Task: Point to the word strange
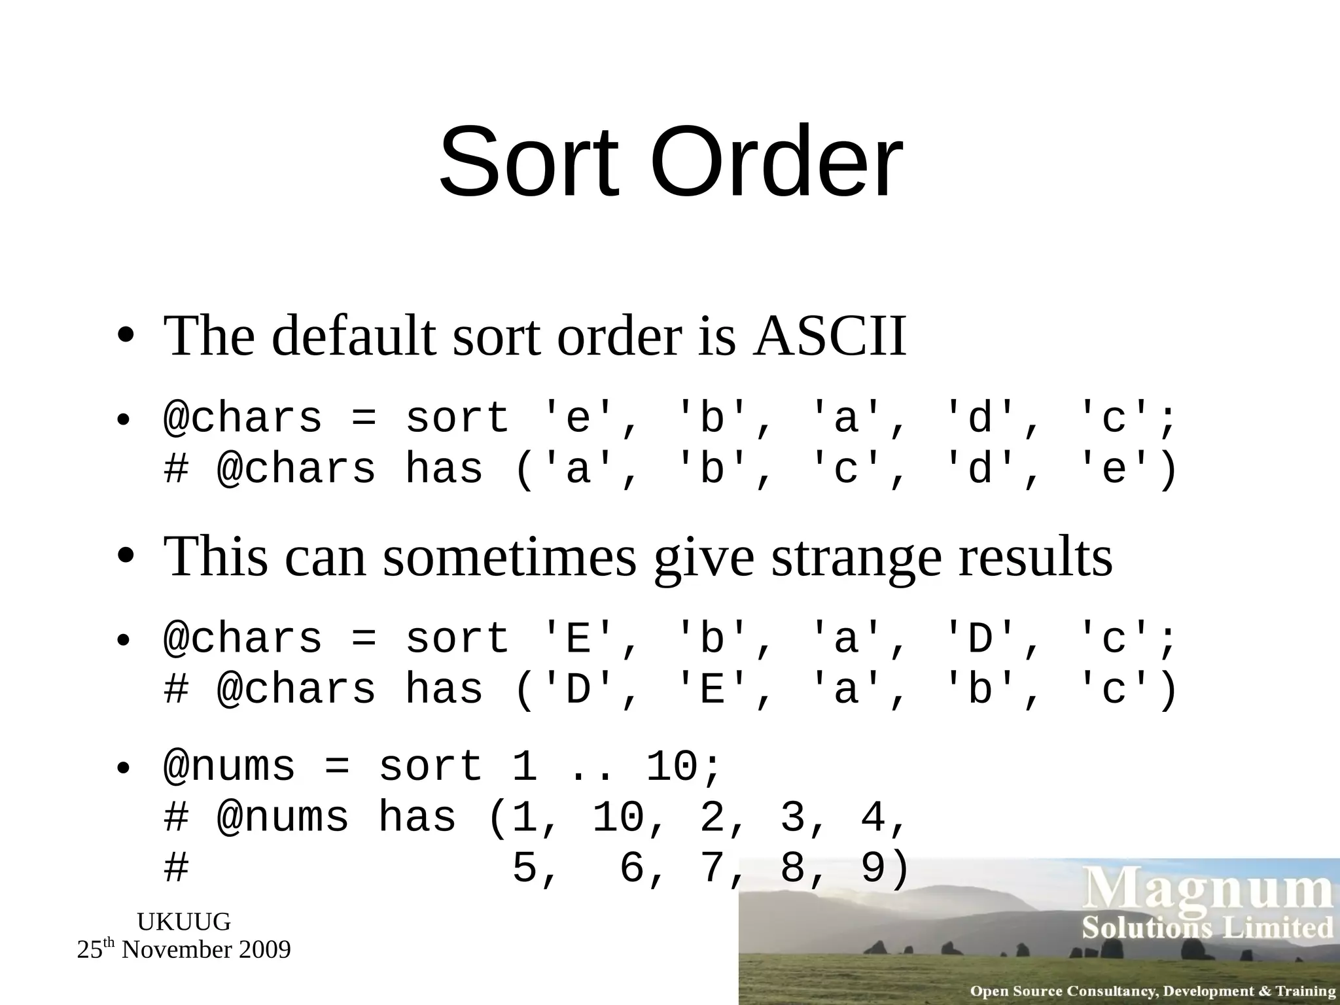[856, 557]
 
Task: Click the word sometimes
[509, 557]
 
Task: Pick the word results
[1035, 557]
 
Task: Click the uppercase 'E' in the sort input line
[578, 639]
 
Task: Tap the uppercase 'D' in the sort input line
[980, 639]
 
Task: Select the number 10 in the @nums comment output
[619, 818]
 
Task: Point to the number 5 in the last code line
[525, 869]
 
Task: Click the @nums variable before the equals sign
[230, 767]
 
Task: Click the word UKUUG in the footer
[184, 922]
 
